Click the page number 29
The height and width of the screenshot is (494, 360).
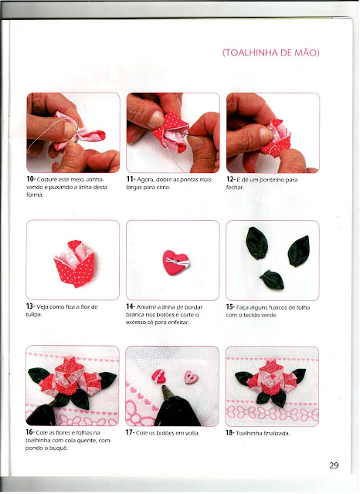point(334,465)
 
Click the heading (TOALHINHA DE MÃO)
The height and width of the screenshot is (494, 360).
point(271,52)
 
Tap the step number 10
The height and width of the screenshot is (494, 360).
point(30,179)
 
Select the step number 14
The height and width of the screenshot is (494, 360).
point(131,306)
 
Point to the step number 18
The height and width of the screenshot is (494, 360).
point(229,433)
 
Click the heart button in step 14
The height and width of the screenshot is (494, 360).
point(176,262)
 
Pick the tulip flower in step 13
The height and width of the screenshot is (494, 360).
point(74,264)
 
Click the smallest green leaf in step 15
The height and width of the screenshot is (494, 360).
point(272,279)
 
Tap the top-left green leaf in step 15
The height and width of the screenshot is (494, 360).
point(256,243)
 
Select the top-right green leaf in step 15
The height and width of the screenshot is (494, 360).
point(298,251)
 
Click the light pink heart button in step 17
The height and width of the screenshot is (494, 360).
point(192,377)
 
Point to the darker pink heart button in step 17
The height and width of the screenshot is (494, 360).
point(159,376)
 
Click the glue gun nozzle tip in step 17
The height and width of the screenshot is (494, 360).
point(165,387)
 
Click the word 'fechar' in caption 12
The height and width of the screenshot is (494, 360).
point(235,188)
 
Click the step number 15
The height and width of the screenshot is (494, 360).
point(229,307)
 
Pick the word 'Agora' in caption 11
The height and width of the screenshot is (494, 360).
point(146,180)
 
